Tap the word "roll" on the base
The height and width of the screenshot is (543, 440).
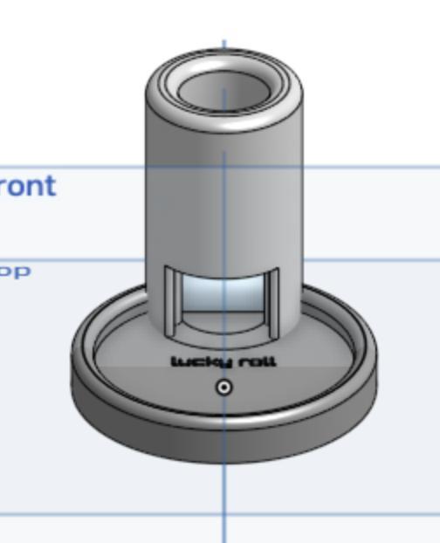click(255, 361)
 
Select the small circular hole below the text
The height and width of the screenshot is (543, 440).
click(224, 387)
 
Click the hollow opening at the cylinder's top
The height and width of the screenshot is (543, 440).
click(223, 88)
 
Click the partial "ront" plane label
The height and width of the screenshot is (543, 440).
click(28, 186)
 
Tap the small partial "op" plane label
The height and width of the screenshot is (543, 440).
click(15, 271)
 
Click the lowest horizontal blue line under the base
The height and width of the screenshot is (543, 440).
click(87, 513)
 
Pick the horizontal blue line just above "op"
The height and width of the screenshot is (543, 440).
click(70, 260)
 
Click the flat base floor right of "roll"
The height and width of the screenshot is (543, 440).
click(314, 367)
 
